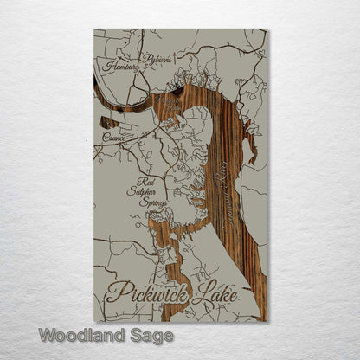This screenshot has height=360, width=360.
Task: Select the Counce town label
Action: [114, 137]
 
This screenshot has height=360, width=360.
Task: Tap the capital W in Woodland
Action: [48, 335]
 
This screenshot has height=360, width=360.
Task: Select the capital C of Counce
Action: [105, 137]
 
